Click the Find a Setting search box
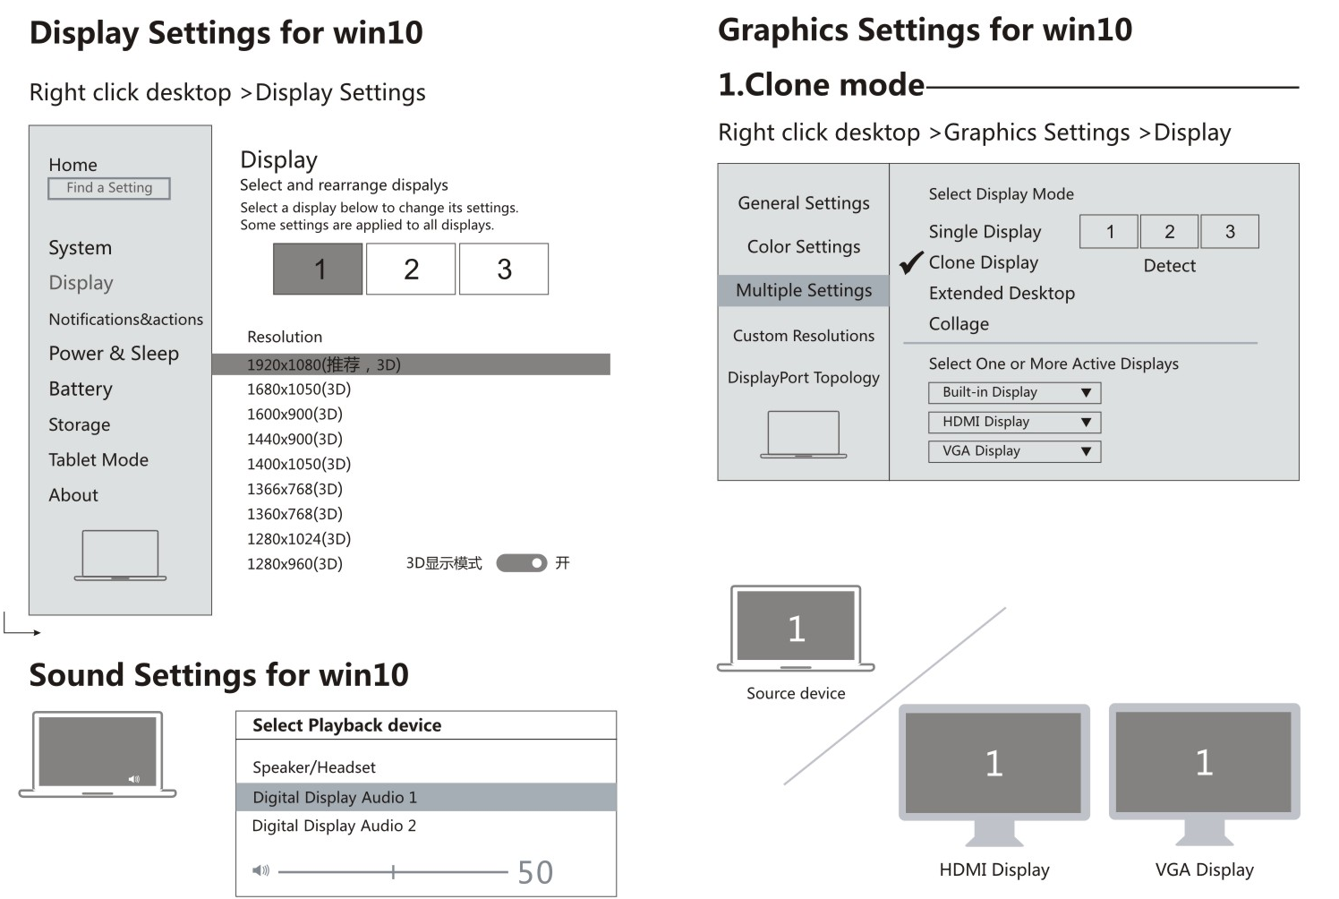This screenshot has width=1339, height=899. (109, 188)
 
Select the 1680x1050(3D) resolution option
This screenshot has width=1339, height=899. (299, 390)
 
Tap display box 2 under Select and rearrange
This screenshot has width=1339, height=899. (411, 269)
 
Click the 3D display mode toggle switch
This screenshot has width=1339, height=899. (521, 563)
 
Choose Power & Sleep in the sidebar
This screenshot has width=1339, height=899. (114, 354)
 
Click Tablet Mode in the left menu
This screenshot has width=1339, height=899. (98, 460)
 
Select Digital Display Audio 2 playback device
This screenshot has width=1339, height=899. (334, 826)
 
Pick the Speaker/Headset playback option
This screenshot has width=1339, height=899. (314, 767)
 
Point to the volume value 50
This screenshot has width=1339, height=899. (535, 872)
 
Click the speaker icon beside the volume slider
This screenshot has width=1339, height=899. (260, 870)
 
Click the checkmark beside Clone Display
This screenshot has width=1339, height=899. (911, 262)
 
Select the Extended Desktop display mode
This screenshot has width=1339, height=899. (1002, 293)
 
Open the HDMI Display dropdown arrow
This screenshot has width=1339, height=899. (1086, 422)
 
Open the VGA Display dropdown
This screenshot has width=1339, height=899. (1014, 451)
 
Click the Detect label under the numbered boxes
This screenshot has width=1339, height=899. (1169, 266)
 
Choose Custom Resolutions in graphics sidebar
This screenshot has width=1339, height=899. (804, 336)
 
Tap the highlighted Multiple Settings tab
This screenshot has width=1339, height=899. (804, 290)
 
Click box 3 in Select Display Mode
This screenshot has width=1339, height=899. (1230, 232)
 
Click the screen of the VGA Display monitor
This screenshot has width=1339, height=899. (1204, 762)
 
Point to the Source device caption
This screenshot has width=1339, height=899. (796, 693)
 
